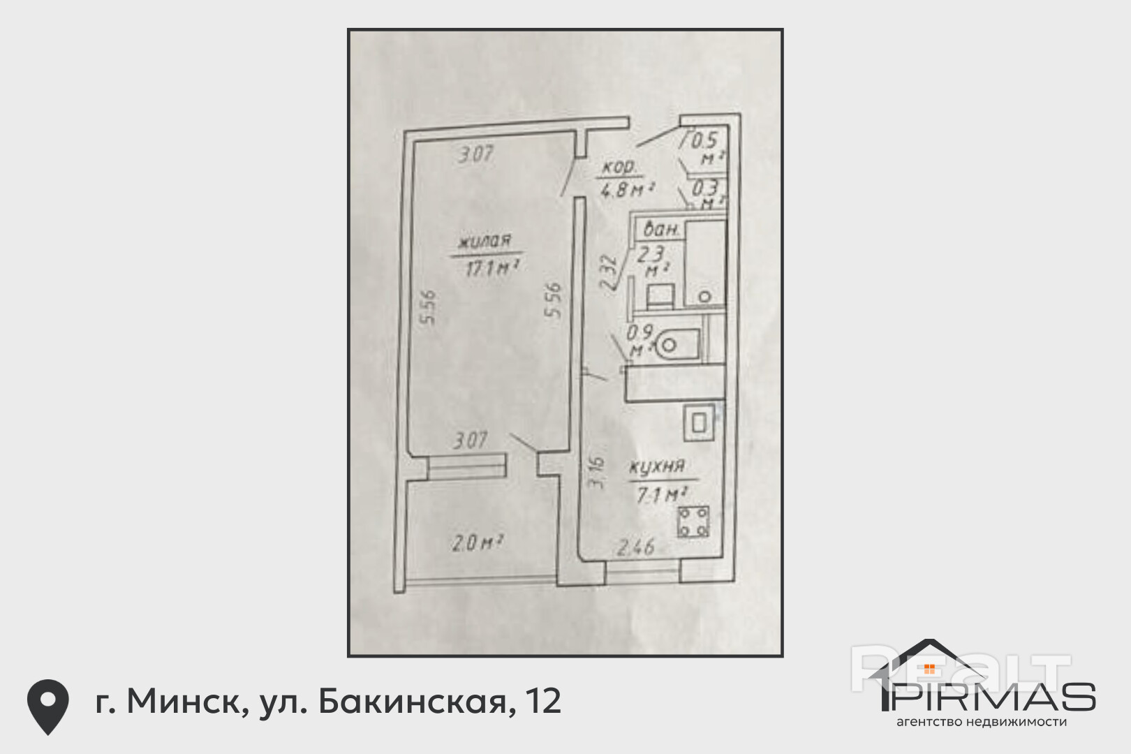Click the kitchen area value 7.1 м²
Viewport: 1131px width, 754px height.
658,495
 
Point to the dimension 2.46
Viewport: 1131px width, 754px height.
635,547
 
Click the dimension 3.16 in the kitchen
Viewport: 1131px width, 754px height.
595,473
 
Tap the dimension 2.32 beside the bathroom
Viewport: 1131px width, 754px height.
609,272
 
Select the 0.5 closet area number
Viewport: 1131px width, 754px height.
704,140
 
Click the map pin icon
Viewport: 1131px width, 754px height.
47,706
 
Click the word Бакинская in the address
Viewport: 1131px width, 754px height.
412,702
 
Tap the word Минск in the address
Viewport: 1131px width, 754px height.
184,702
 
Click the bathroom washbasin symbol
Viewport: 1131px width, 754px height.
660,296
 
